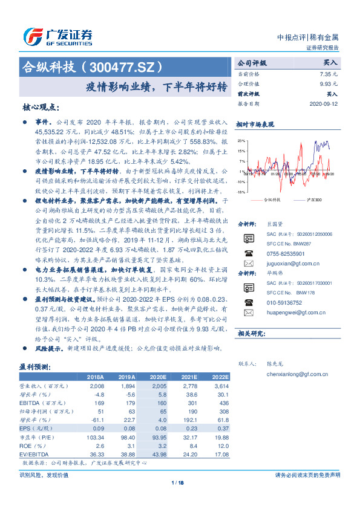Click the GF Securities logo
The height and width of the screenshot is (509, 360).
point(58,36)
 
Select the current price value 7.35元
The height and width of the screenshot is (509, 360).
point(327,73)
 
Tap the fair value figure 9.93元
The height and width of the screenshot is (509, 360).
point(327,84)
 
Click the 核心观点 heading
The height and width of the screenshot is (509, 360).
point(41,106)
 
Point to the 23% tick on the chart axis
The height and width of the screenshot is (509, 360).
point(241,140)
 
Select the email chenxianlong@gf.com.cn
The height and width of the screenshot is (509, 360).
point(296,374)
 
